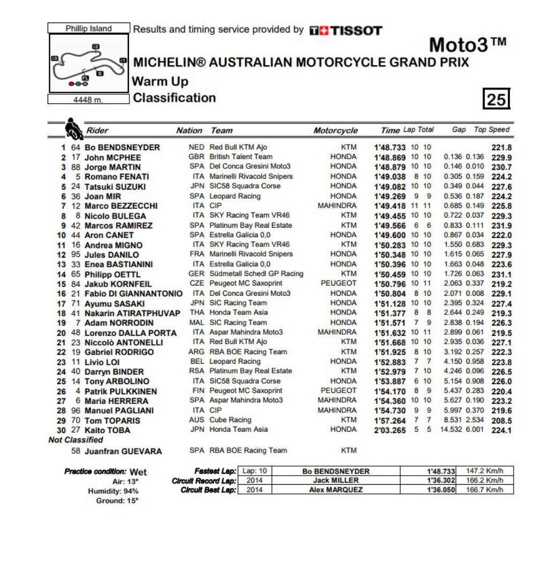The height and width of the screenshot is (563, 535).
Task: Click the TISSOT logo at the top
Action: [346, 31]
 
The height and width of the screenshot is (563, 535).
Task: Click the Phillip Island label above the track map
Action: [89, 28]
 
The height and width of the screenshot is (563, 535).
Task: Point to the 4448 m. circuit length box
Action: [89, 100]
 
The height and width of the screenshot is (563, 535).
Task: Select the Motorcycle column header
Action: [335, 131]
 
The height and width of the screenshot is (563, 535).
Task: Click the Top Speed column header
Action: [492, 130]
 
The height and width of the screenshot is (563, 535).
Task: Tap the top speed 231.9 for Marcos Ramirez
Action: [501, 226]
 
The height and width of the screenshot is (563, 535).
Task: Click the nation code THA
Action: [197, 313]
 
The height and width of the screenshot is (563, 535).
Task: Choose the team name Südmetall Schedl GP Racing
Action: [256, 274]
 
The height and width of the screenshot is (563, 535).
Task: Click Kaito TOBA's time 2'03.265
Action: [389, 430]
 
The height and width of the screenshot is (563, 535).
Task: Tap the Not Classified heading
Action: [76, 440]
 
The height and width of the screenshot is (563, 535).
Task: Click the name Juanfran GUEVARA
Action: [123, 451]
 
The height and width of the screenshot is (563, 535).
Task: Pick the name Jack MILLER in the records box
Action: [335, 481]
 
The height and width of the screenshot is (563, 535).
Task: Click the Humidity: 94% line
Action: [113, 491]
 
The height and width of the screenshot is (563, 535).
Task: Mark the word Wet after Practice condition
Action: [138, 472]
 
